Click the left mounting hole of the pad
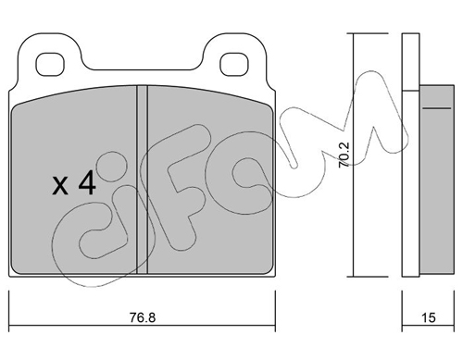[50, 65]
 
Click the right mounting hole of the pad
[234, 65]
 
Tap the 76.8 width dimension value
[143, 317]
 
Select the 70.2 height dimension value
[344, 155]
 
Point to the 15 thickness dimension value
[428, 317]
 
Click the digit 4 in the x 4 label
[87, 183]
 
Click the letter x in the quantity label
[60, 186]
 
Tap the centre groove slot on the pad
[142, 180]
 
